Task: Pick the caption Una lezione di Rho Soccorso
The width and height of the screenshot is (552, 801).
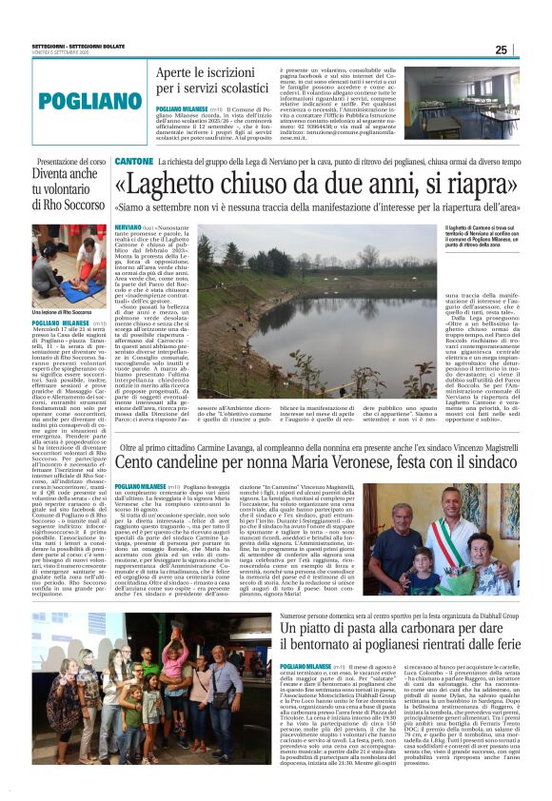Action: tap(69, 312)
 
